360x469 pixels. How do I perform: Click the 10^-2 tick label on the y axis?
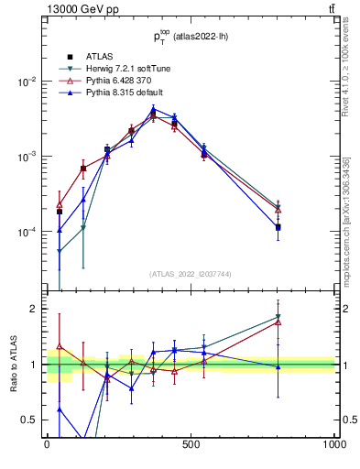28,82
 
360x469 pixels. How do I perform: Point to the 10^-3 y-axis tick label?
28,157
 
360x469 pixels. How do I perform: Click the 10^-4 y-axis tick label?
28,232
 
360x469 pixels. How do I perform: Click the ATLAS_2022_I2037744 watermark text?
190,274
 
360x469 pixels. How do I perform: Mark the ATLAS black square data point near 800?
278,227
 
